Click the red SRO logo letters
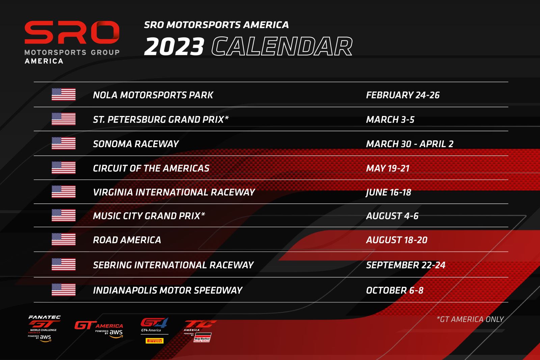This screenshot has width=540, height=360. pos(72,32)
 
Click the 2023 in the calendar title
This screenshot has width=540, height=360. pos(174,47)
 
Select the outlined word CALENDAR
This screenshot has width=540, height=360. pos(282,47)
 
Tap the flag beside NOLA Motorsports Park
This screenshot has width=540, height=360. pos(64,94)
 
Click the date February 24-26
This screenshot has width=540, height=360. pos(403,95)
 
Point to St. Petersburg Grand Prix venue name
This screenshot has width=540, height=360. pos(161,119)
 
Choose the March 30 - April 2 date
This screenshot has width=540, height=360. pos(410,144)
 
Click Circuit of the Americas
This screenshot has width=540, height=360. pos(151,168)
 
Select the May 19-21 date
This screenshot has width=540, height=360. pos(388,168)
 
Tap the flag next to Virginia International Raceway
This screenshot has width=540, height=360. pos(64,192)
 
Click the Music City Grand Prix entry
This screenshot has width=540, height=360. pos(149,216)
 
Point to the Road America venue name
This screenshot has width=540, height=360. pos(127,240)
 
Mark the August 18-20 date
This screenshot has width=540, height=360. pos(397,240)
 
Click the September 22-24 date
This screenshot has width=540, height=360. pos(405,265)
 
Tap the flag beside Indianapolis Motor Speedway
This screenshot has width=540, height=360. pos(64,289)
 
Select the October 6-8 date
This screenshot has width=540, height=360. pos(395,290)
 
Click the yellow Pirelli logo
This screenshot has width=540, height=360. pos(155,341)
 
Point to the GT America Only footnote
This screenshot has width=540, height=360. pos(470,319)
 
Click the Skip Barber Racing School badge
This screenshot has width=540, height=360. pos(202,338)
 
